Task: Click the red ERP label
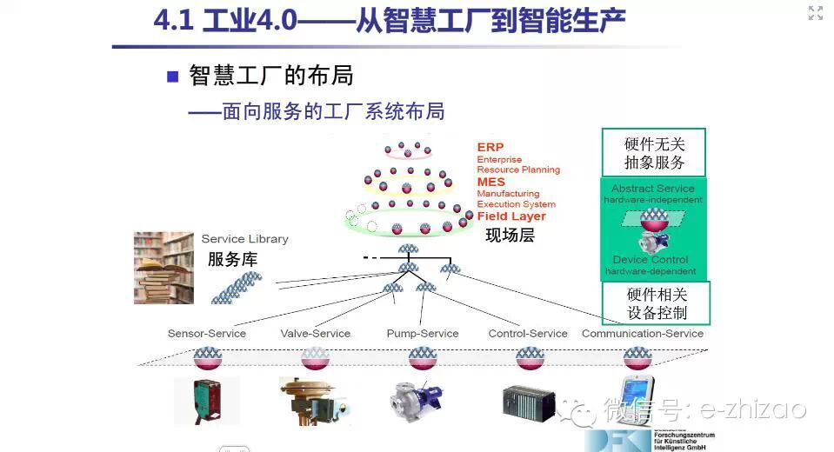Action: coord(490,148)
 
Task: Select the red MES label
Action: coord(491,183)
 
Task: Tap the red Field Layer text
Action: coord(511,216)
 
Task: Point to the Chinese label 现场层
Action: coord(510,235)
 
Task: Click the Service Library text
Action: coord(244,239)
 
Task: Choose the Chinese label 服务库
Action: coord(232,259)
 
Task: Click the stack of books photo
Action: coord(163,267)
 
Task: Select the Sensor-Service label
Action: coord(207,334)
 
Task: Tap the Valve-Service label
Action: coord(315,334)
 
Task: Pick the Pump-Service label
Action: coord(423,334)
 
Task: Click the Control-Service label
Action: coord(528,334)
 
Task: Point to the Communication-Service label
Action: coord(643,334)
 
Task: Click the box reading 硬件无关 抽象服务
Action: coord(654,153)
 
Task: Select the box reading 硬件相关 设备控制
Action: coord(657,303)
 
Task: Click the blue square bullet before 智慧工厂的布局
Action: coord(172,76)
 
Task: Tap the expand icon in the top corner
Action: coord(815,13)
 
